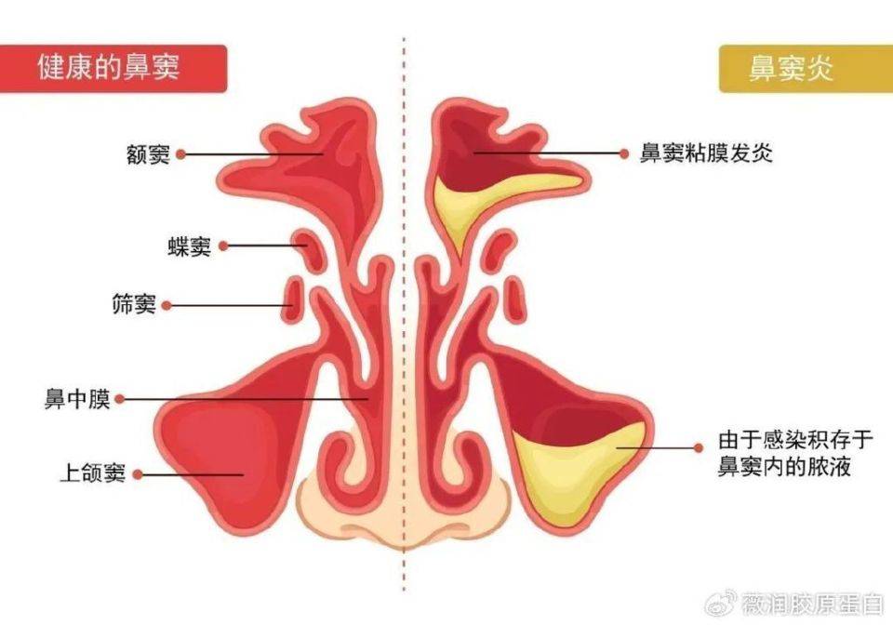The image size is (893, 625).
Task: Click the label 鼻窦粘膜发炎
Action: pos(706,153)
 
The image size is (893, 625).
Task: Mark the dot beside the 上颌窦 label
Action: pos(138,473)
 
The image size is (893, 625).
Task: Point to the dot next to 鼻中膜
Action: pos(120,399)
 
